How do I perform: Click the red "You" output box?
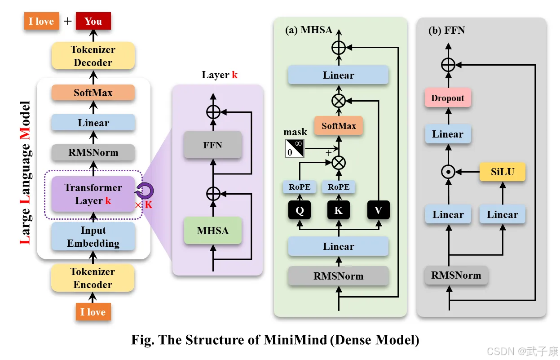93,21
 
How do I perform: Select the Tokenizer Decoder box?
93,56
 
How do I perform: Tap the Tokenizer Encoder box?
93,278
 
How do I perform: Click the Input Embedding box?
93,236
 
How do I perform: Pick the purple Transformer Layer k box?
93,194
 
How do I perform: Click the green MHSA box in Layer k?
212,231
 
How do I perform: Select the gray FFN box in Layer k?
212,145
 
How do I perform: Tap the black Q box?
300,210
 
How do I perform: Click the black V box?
378,210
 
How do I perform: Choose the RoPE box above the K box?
339,187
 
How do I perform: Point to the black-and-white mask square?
295,148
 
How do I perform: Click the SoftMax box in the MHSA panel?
339,126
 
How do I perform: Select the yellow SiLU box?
502,172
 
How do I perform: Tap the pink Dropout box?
448,98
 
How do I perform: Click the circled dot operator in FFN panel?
448,172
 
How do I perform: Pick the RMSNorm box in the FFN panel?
456,275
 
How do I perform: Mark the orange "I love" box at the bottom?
93,312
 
